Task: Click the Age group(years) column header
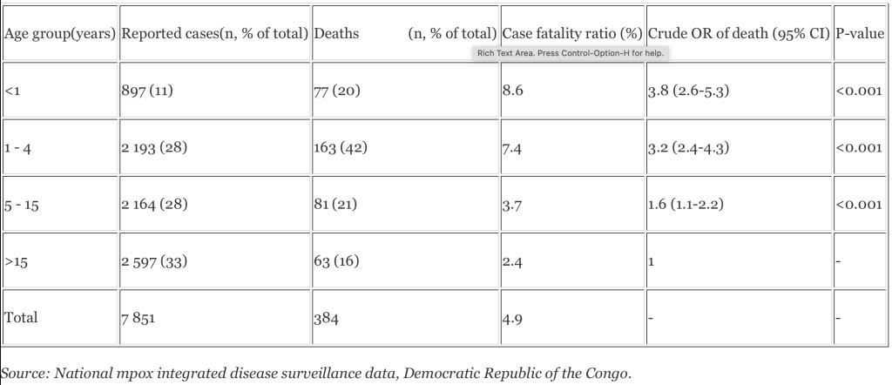point(60,33)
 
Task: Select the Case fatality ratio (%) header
point(572,33)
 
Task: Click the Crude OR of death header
point(739,33)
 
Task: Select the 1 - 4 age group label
point(18,147)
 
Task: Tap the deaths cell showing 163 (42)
point(340,147)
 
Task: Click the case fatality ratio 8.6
point(512,90)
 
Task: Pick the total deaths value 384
point(325,318)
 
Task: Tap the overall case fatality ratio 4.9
point(512,318)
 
